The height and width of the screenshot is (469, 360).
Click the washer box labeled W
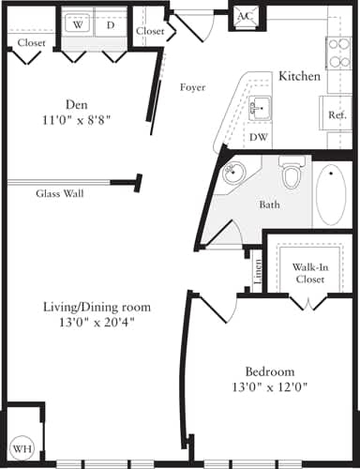tap(78, 25)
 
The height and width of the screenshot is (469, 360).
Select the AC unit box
tap(244, 16)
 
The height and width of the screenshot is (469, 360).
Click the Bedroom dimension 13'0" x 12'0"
tap(276, 386)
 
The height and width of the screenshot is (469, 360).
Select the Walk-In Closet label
tap(308, 273)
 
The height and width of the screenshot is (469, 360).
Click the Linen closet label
tap(255, 270)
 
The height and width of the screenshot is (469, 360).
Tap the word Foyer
tap(193, 87)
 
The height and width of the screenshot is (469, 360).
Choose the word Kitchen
tap(300, 75)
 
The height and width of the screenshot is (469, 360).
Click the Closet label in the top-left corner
tap(31, 43)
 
